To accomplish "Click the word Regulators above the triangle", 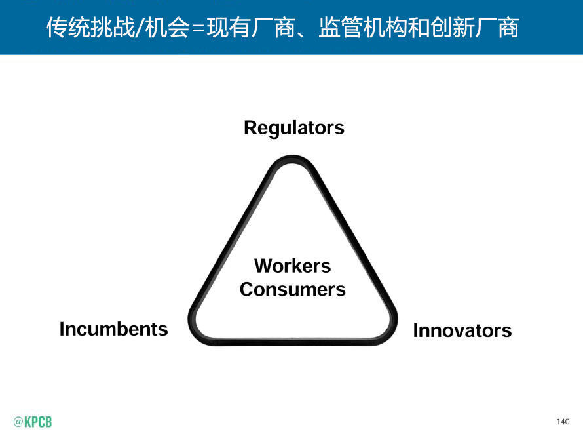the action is pos(293,129).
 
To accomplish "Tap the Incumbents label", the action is pos(114,329).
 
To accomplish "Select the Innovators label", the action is pos(462,330).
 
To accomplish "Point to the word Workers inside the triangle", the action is pos(293,266).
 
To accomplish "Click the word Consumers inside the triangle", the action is pos(293,290).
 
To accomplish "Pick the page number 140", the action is pos(563,421).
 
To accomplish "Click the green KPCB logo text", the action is pos(38,422).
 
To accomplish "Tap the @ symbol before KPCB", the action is pos(18,422).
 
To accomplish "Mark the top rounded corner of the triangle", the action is pos(293,158).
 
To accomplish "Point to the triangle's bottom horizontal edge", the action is pos(293,342).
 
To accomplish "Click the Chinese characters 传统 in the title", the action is pos(68,27).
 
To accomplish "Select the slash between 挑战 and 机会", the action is pos(140,28).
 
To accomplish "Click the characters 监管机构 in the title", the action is pos(363,27).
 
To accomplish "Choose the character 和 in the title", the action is pos(419,27).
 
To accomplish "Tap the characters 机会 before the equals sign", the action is pos(167,27).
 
